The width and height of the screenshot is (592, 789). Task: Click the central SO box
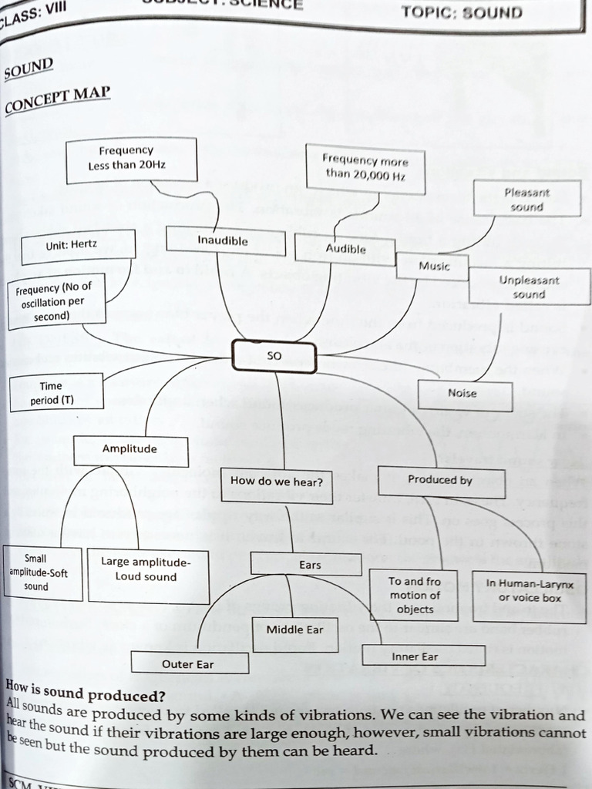click(x=274, y=357)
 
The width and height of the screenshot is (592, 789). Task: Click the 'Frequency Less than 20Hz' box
click(x=131, y=159)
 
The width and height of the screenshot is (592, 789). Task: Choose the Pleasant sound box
click(x=527, y=199)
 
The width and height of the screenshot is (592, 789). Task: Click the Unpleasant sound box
click(x=529, y=287)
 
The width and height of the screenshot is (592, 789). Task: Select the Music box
click(x=433, y=266)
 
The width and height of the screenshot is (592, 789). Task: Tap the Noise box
click(x=463, y=394)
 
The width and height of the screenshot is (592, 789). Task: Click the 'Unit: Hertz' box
click(x=78, y=244)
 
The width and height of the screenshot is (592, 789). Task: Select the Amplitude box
click(x=130, y=450)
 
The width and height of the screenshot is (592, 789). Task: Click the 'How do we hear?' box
click(x=276, y=482)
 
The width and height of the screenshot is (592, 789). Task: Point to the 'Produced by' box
click(x=441, y=481)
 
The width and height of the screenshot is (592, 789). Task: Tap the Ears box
click(x=307, y=565)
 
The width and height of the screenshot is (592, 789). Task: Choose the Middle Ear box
click(x=295, y=631)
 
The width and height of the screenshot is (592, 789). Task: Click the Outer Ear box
click(x=189, y=663)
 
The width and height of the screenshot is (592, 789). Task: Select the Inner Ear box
click(x=423, y=656)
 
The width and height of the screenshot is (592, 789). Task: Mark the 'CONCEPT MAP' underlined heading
click(x=59, y=99)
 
